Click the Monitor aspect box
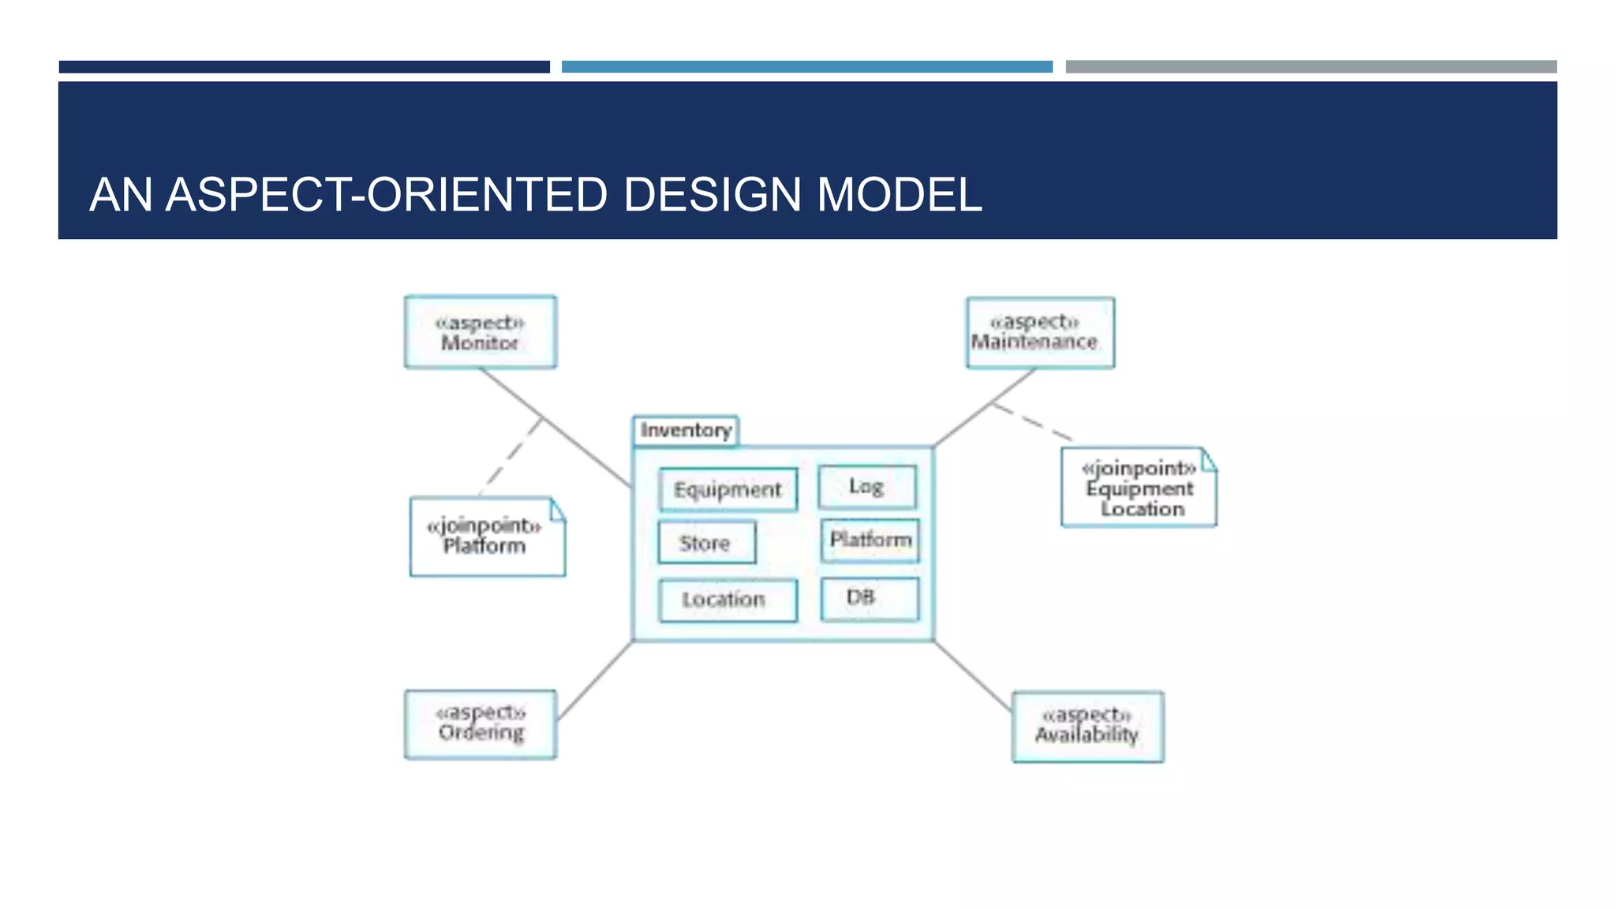pyautogui.click(x=480, y=332)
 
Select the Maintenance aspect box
pyautogui.click(x=1040, y=332)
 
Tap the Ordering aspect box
pyautogui.click(x=480, y=724)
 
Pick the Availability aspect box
pyautogui.click(x=1087, y=726)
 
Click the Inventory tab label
pyautogui.click(x=686, y=431)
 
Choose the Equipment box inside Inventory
pyautogui.click(x=728, y=490)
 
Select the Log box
pyautogui.click(x=867, y=487)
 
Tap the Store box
pyautogui.click(x=706, y=542)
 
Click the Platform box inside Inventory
pyautogui.click(x=870, y=541)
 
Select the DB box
pyautogui.click(x=869, y=598)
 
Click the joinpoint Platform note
pyautogui.click(x=487, y=537)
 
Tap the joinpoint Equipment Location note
pyautogui.click(x=1138, y=488)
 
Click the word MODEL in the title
pyautogui.click(x=899, y=195)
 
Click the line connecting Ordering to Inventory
pyautogui.click(x=596, y=679)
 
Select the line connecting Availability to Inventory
pyautogui.click(x=973, y=675)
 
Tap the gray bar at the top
pyautogui.click(x=1311, y=67)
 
